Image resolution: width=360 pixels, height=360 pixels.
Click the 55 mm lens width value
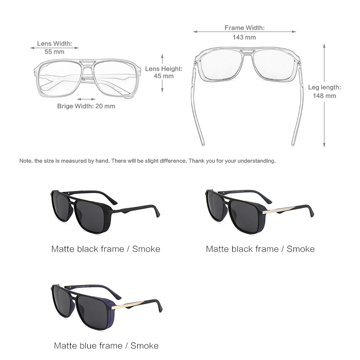click(54, 52)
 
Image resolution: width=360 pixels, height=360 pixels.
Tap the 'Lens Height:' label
click(164, 69)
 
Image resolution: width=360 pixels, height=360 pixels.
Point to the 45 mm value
click(164, 76)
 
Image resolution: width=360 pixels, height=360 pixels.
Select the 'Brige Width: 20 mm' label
click(86, 106)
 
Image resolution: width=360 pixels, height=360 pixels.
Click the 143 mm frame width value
click(244, 37)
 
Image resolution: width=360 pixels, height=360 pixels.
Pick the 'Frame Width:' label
click(244, 28)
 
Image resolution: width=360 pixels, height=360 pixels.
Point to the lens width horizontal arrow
click(54, 47)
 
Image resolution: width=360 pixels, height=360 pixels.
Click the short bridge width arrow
click(86, 99)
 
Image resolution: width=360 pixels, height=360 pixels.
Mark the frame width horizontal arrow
click(244, 32)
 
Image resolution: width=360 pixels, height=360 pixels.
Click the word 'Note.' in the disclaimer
click(26, 161)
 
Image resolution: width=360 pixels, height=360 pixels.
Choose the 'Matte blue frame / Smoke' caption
click(106, 346)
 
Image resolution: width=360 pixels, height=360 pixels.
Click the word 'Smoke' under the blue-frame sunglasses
click(144, 346)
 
